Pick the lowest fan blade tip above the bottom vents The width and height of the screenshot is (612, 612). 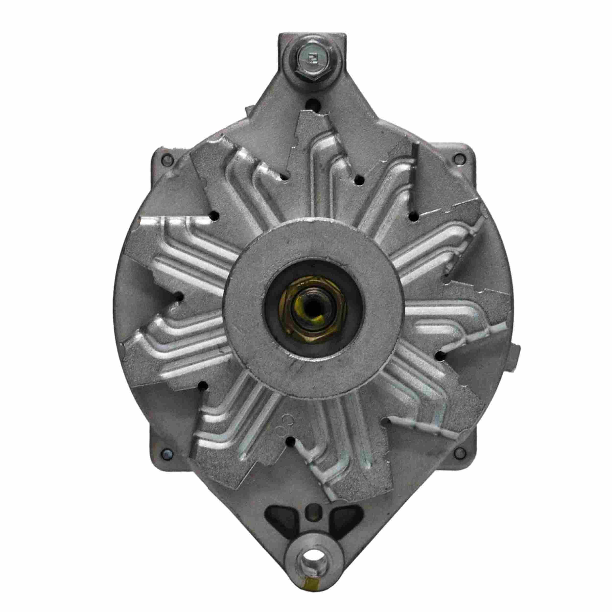(x=333, y=488)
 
